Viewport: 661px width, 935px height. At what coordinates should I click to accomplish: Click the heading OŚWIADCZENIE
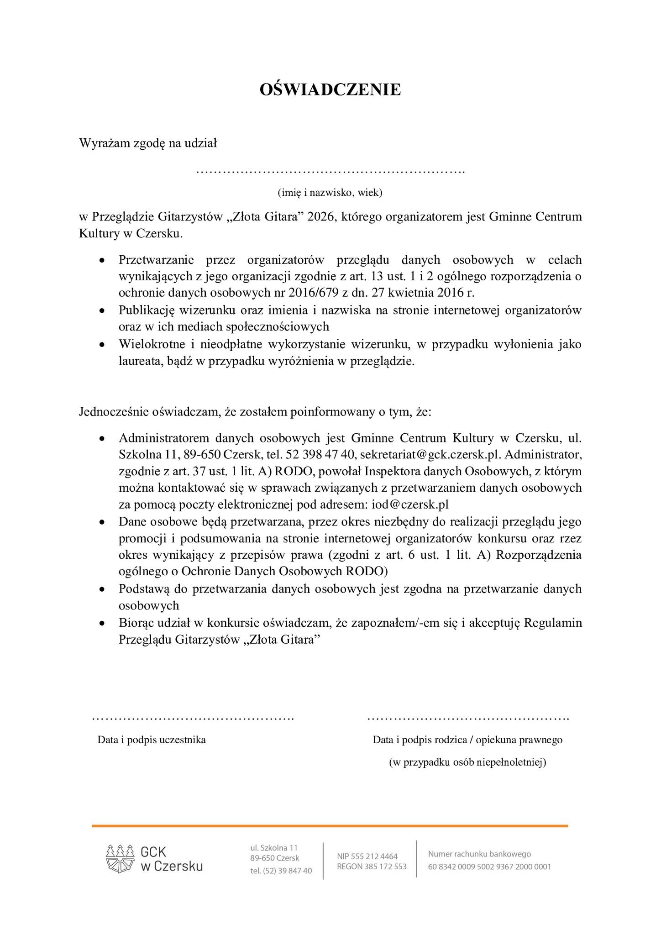pyautogui.click(x=330, y=89)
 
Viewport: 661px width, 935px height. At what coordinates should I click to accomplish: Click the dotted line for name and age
pyautogui.click(x=330, y=172)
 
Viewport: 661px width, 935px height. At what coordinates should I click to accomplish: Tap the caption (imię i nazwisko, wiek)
pyautogui.click(x=330, y=192)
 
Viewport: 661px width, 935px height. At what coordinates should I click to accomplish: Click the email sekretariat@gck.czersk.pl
pyautogui.click(x=430, y=455)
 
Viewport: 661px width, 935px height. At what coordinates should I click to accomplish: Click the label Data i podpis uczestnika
pyautogui.click(x=152, y=740)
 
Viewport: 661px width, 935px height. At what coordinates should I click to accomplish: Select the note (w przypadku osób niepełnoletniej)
pyautogui.click(x=467, y=762)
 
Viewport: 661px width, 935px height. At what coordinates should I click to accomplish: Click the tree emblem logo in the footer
pyautogui.click(x=121, y=858)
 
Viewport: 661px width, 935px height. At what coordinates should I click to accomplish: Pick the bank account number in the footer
pyautogui.click(x=489, y=867)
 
